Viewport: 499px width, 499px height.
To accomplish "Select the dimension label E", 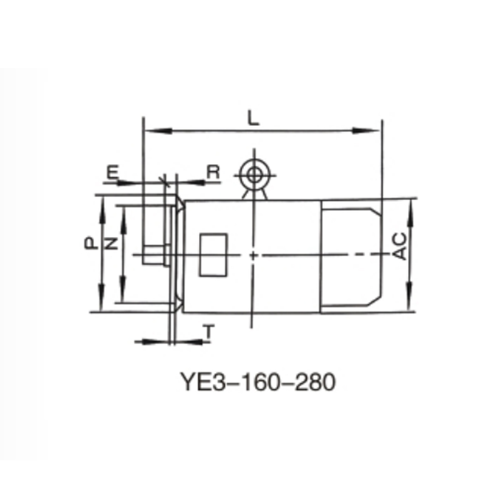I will click(112, 172).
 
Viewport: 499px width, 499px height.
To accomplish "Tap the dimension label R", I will click(213, 172).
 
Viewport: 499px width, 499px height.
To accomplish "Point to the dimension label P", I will click(90, 242).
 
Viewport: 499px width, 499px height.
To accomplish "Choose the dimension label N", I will click(112, 243).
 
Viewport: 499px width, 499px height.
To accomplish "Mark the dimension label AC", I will click(401, 246).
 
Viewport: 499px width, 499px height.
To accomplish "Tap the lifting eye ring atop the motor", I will click(253, 173).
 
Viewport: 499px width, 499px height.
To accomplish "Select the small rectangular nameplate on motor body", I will click(213, 254).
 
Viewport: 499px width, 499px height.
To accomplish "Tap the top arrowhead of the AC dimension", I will click(410, 205).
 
